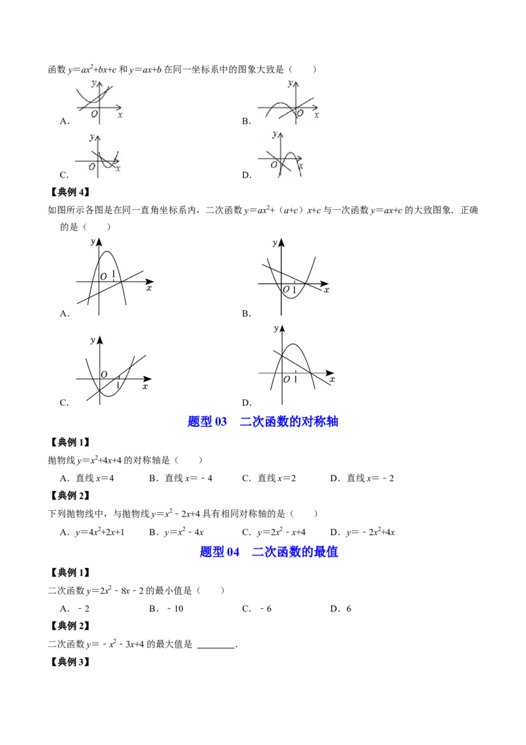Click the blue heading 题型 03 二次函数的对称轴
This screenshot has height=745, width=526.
coord(262,421)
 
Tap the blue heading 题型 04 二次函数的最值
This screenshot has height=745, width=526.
coord(269,552)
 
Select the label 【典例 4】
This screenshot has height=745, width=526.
coord(70,192)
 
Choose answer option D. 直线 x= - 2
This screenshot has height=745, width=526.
coord(362,478)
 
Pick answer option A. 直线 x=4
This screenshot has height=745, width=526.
coord(87,478)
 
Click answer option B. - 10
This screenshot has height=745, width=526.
coord(166,609)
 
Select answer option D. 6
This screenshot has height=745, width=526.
coord(341,609)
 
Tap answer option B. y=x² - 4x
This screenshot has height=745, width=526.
coord(176,532)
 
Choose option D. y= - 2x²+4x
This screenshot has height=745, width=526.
coord(363,532)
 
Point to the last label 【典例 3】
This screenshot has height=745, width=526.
coord(70,662)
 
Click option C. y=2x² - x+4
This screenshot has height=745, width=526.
coord(274,532)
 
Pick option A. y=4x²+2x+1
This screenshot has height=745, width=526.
coord(92,532)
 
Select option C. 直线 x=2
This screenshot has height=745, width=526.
coord(269,478)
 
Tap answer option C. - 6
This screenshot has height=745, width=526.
coord(257,609)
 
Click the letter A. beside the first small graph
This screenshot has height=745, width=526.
coord(64,122)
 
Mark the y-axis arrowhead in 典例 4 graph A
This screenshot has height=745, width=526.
coord(99,242)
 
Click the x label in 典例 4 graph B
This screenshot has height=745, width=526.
coord(327,290)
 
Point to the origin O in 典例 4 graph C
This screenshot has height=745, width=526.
coord(104,374)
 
